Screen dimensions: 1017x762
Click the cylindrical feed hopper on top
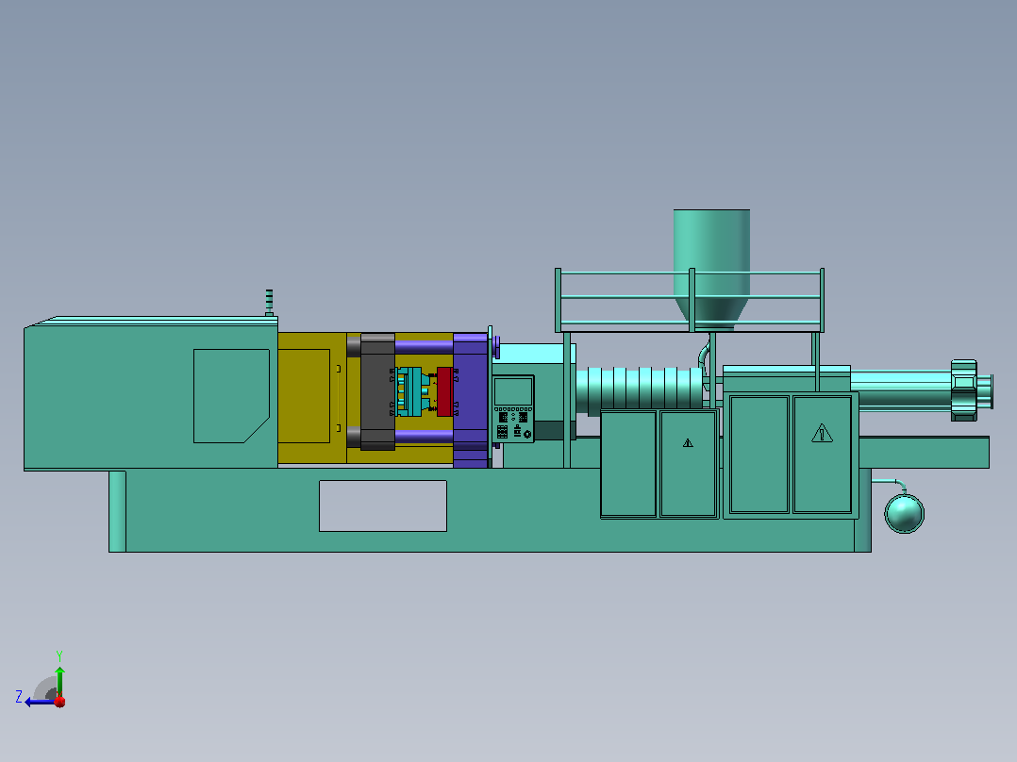click(711, 266)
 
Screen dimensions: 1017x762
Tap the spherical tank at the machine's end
click(904, 513)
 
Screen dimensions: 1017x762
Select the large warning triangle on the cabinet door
click(822, 433)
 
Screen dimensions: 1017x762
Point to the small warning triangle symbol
click(688, 443)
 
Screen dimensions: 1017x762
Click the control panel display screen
click(513, 391)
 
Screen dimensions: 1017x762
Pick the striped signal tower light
click(269, 302)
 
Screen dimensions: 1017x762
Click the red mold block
click(444, 391)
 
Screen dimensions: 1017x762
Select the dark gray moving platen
click(377, 391)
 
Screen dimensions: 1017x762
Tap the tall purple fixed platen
click(470, 400)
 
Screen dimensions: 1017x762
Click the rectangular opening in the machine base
click(383, 505)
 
